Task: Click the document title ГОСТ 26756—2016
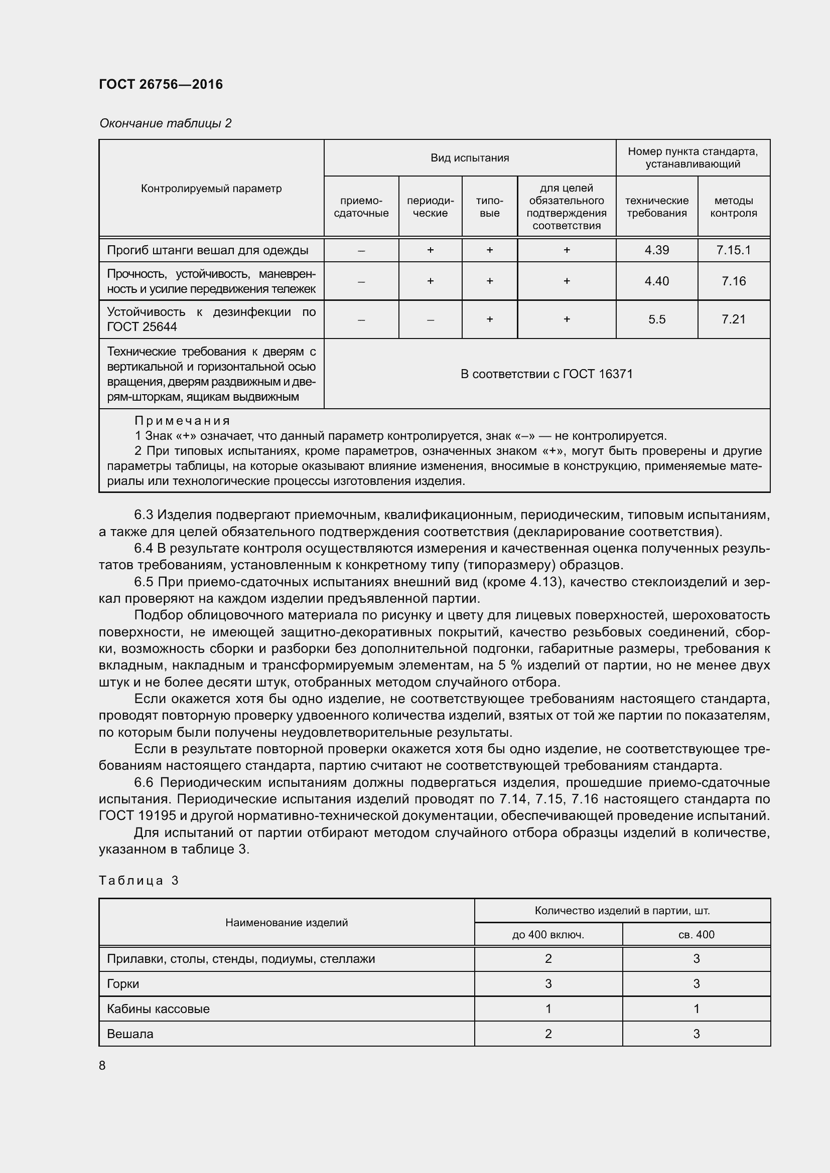coord(161,84)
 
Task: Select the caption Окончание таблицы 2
coord(165,123)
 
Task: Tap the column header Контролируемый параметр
coord(211,189)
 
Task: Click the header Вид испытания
coord(469,158)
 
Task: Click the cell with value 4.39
coord(656,250)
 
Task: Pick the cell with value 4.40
coord(656,281)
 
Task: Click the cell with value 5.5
coord(656,319)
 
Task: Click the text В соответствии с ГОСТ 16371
coord(546,374)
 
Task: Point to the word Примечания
coord(183,420)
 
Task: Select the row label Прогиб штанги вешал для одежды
coord(208,250)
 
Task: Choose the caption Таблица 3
coord(139,880)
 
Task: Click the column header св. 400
coord(696,935)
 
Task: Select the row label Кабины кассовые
coord(158,1009)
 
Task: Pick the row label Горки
coord(122,984)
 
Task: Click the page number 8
coord(102,1065)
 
